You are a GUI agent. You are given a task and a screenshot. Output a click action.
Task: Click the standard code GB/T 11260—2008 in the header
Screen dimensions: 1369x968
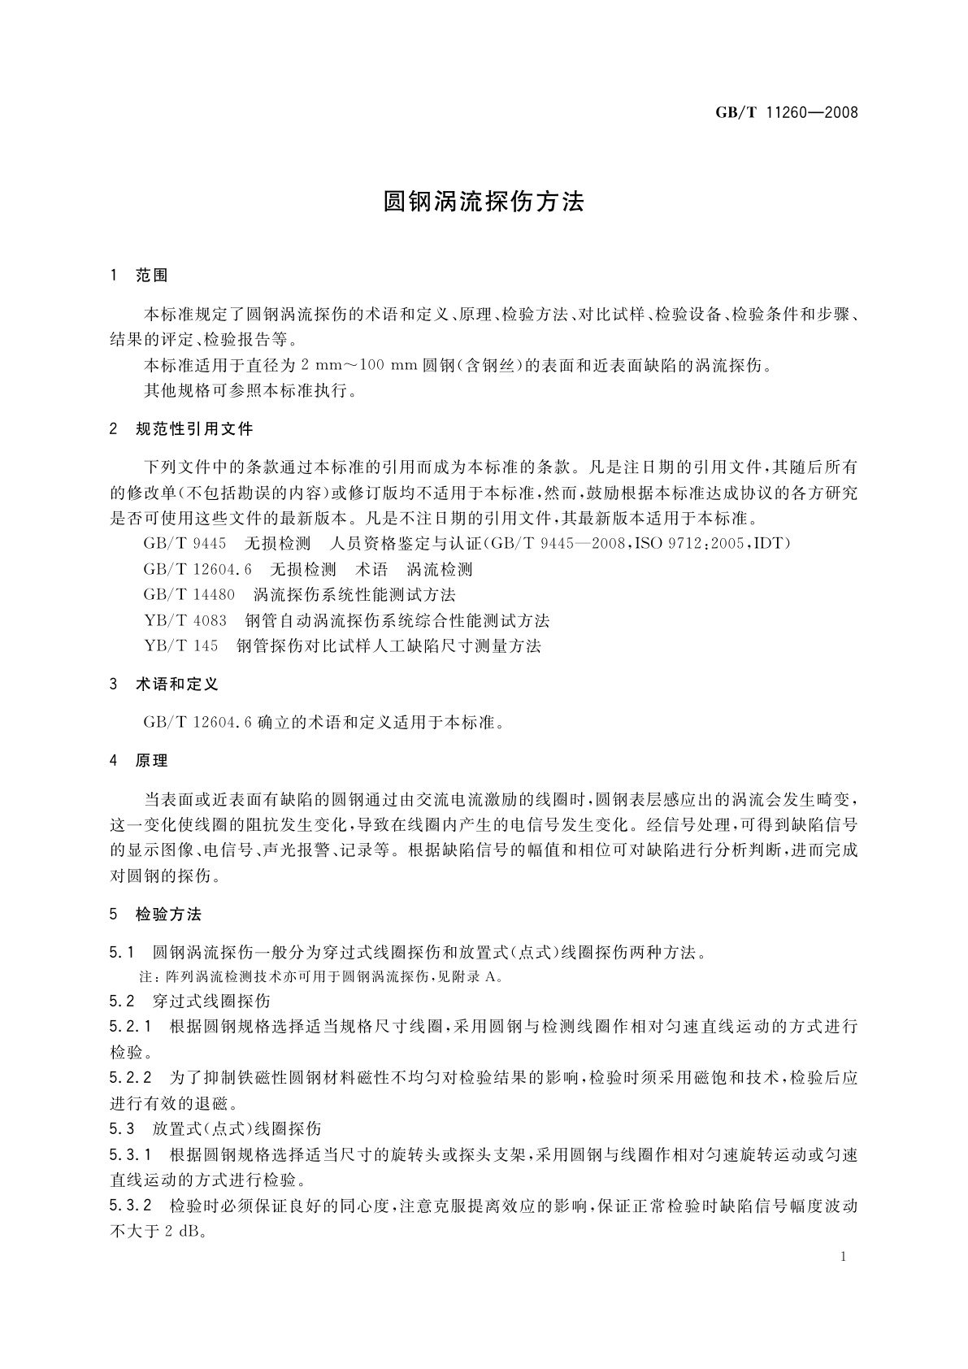click(x=786, y=113)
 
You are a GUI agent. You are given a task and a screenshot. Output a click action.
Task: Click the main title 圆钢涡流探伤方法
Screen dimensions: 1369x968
click(x=484, y=202)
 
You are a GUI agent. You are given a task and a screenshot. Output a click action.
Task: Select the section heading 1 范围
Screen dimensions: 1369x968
click(x=139, y=276)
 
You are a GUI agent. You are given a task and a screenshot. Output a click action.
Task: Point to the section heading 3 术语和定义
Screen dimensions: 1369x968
click(x=164, y=684)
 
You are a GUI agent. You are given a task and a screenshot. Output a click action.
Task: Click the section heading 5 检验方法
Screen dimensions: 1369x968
click(x=156, y=915)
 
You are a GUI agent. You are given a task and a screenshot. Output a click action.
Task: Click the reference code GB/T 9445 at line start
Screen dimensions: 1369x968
click(x=184, y=543)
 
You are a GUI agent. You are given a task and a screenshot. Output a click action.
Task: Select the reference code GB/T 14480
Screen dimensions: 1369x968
click(x=189, y=595)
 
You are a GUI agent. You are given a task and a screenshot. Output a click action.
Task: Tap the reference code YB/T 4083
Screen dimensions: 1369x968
click(x=185, y=621)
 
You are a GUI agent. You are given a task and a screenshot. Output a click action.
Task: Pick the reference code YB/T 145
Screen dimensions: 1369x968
click(x=181, y=646)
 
